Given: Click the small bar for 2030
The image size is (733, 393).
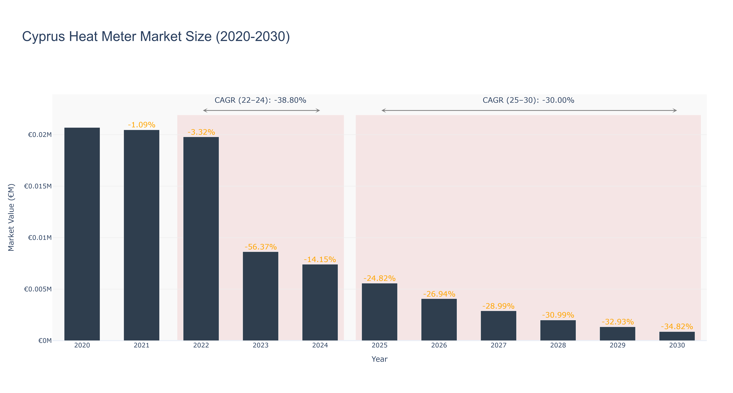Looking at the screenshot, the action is tap(677, 336).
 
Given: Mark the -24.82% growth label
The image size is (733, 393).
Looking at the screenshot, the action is tap(380, 278).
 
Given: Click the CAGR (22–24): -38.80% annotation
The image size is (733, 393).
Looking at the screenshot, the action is tap(260, 100).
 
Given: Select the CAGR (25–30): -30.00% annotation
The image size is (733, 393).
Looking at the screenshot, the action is tap(528, 100).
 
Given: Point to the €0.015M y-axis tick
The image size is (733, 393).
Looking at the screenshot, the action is tap(38, 186).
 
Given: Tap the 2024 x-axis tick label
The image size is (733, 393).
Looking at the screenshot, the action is tap(320, 345).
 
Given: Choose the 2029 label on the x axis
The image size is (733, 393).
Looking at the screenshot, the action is tap(617, 345).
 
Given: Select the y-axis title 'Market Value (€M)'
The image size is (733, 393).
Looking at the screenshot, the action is tap(11, 217).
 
